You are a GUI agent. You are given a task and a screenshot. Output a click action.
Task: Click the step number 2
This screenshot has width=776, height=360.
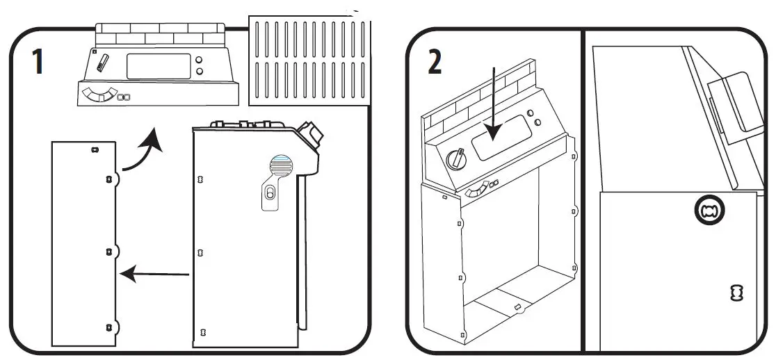[434, 62]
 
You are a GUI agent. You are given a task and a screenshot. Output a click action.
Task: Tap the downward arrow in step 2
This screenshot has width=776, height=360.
[494, 104]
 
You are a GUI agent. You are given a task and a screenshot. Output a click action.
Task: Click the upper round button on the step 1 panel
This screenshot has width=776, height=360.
[200, 60]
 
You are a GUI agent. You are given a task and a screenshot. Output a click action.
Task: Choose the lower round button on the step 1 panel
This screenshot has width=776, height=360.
[200, 72]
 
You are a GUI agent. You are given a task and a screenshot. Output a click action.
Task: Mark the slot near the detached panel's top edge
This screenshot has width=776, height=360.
[95, 149]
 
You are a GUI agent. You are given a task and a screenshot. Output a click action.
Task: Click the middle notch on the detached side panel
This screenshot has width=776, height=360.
[109, 251]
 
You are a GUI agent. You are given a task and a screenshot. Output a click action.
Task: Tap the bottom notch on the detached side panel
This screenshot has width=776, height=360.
[109, 327]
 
